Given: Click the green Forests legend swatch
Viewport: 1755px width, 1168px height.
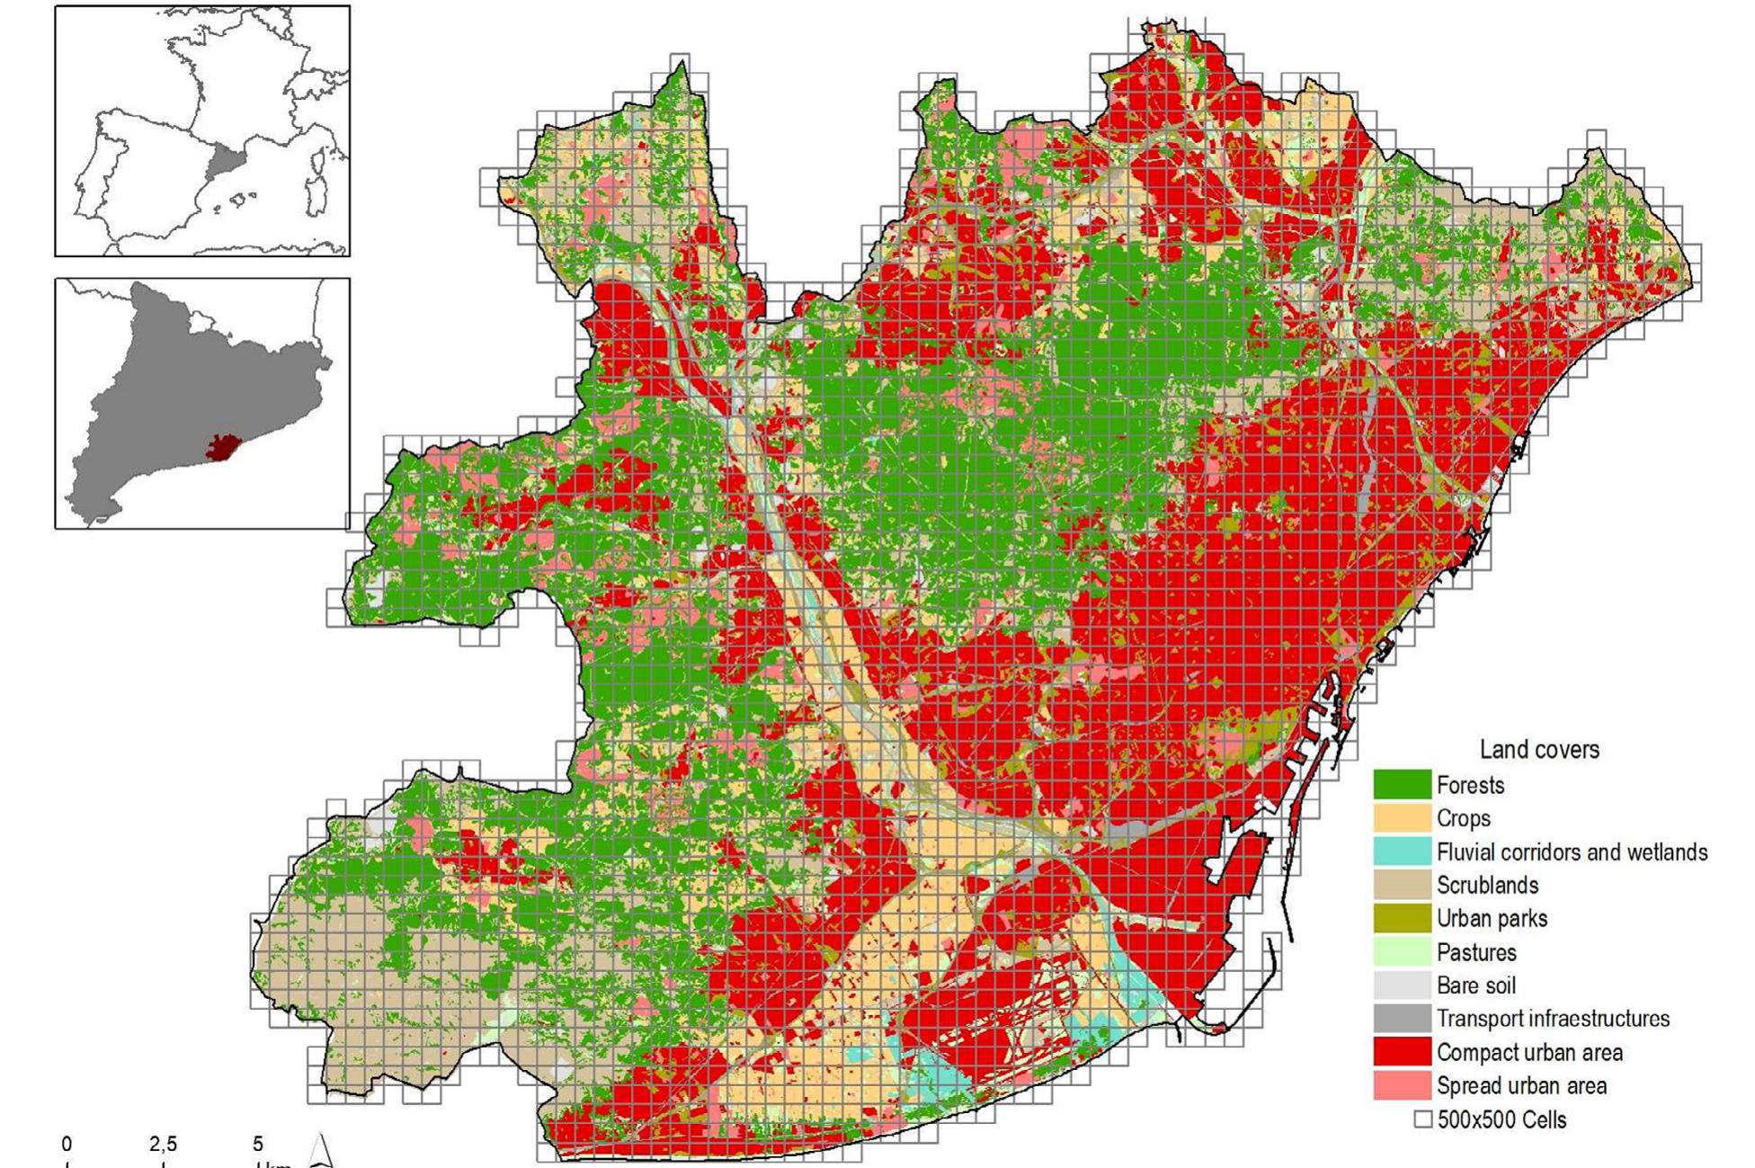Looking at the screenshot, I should tap(1401, 784).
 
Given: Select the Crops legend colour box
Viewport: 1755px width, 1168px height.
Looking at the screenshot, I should tap(1401, 817).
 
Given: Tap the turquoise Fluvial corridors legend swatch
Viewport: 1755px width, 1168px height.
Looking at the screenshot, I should tap(1401, 851).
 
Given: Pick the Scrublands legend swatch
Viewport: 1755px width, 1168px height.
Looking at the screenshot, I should tap(1401, 884).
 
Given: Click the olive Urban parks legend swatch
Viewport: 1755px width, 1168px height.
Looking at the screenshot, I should tap(1401, 917).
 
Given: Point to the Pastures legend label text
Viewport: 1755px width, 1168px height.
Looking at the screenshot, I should tap(1475, 952).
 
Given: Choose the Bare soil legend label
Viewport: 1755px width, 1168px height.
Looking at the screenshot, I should tap(1475, 985).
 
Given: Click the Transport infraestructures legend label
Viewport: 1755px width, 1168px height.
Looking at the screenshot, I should tap(1552, 1019).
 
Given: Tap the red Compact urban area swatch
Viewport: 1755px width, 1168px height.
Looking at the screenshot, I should tap(1401, 1051).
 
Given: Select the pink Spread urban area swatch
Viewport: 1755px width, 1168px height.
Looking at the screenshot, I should tap(1401, 1084).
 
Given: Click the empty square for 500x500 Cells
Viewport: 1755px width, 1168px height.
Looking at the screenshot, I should tap(1422, 1119).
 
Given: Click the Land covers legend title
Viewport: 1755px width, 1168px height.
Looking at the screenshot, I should tap(1539, 749).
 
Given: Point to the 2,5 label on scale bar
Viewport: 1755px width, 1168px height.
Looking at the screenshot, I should tap(163, 1145).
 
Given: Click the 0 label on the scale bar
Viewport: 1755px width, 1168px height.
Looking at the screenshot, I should tap(67, 1145).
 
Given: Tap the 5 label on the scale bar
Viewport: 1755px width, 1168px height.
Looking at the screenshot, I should tap(258, 1145).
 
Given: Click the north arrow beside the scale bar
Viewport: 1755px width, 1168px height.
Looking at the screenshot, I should tap(321, 1151).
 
